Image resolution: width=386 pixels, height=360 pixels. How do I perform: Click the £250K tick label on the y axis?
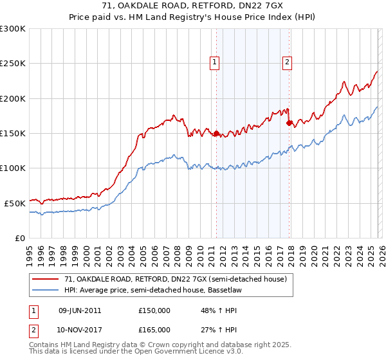click(x=13, y=64)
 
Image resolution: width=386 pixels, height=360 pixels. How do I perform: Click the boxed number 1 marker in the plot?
click(x=214, y=62)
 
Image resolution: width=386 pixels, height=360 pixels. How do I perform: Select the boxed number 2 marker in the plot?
click(x=287, y=62)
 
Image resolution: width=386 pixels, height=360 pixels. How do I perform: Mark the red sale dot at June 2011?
click(x=217, y=134)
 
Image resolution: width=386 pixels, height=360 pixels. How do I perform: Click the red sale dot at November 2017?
click(x=289, y=123)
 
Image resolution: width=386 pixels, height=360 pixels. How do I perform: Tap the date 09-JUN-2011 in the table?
click(x=80, y=310)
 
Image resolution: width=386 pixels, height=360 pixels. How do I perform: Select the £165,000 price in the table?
click(x=154, y=329)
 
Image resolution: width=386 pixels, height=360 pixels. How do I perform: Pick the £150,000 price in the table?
click(x=154, y=310)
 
